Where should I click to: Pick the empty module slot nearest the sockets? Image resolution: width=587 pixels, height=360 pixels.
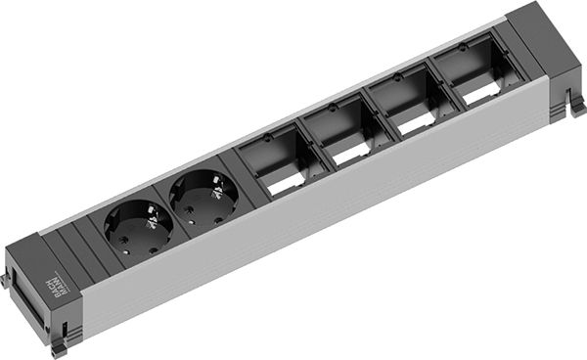click(273, 161)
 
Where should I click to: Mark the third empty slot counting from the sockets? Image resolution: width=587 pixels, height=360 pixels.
click(402, 101)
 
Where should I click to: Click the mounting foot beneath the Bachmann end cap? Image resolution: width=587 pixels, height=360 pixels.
click(60, 345)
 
